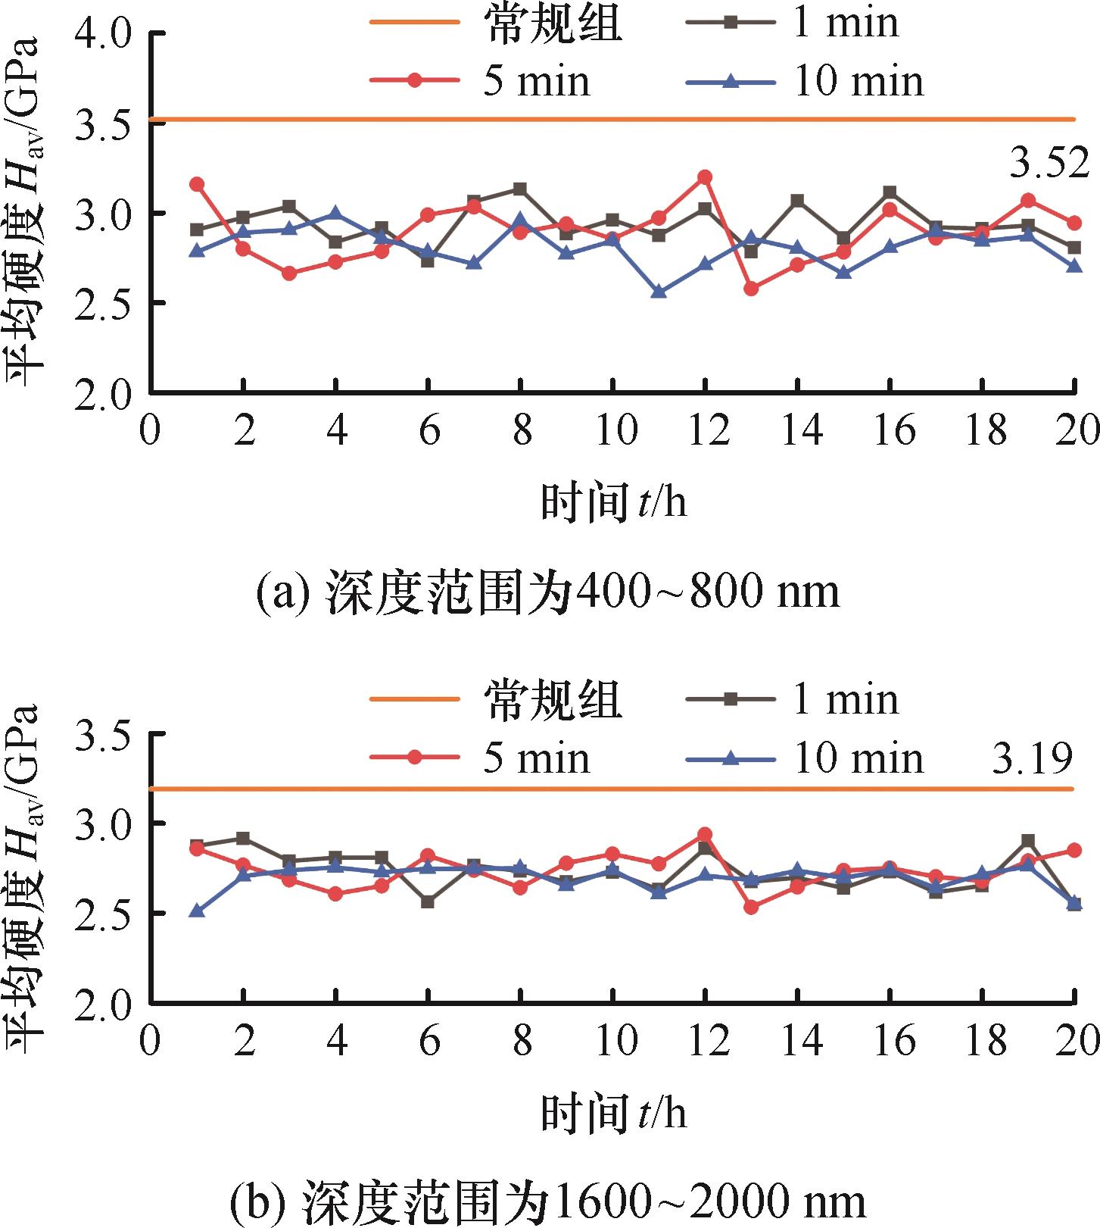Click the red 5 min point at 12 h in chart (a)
(705, 177)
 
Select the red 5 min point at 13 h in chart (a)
(751, 289)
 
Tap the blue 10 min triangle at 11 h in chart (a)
(659, 292)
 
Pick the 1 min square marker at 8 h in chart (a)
(520, 189)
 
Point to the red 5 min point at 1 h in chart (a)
(197, 184)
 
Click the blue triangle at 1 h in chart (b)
(197, 911)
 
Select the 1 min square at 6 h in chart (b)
(428, 902)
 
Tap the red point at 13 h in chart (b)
(751, 907)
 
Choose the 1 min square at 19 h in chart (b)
(1028, 841)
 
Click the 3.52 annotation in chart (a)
(1049, 164)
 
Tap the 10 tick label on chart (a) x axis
(612, 430)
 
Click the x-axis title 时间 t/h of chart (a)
(613, 502)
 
